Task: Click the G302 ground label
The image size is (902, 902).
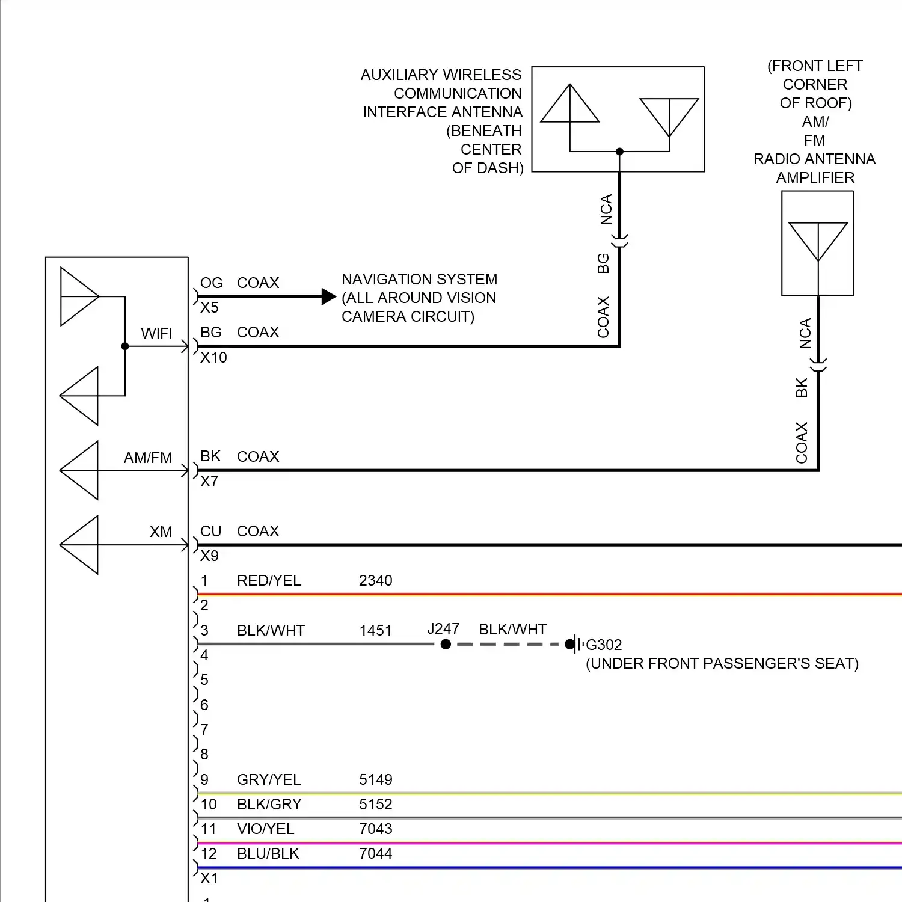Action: (604, 645)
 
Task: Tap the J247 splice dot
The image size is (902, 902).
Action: (446, 644)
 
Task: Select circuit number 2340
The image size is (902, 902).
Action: (375, 580)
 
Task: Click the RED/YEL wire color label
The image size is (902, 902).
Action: (269, 580)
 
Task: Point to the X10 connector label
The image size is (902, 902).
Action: (213, 357)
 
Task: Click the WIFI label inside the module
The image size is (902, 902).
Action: (156, 333)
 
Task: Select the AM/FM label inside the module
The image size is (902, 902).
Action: (148, 458)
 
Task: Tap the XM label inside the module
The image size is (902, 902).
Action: (161, 532)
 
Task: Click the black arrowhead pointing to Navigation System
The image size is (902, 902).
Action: (328, 296)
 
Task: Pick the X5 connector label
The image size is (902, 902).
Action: (209, 307)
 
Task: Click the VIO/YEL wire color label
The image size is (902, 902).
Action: (265, 829)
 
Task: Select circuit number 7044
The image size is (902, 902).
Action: (375, 853)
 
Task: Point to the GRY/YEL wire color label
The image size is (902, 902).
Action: (269, 779)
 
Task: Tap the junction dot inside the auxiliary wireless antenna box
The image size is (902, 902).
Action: (619, 152)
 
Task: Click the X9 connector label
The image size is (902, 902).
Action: (209, 556)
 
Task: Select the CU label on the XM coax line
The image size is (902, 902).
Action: (210, 531)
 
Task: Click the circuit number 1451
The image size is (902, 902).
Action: (375, 630)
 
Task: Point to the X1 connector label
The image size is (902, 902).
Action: (209, 878)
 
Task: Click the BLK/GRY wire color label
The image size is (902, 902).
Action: (269, 804)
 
